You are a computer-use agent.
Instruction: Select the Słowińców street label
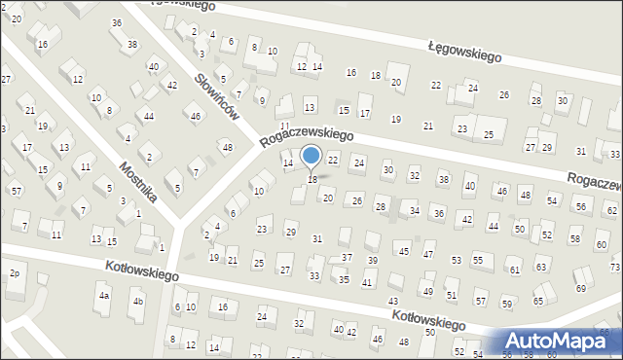coord(217,97)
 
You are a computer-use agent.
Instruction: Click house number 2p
coord(14,272)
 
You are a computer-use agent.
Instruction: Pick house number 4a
coord(103,294)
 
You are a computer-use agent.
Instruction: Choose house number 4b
coord(138,301)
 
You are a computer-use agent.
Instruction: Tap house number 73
coord(615,267)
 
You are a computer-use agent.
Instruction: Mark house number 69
coord(580,289)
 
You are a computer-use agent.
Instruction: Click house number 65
coord(538,302)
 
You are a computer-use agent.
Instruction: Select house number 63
coord(541,268)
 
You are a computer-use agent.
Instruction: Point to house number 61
coord(514,270)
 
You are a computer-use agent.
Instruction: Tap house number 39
coord(372,261)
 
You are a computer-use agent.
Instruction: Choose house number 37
coord(347,258)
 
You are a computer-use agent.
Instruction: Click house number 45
coord(403,251)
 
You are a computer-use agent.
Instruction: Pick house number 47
coord(428,254)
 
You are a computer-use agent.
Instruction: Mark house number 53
coord(456,260)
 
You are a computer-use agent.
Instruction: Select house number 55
coord(478,260)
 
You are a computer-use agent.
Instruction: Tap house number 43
coord(393,302)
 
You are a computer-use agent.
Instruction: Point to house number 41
coord(367,282)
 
